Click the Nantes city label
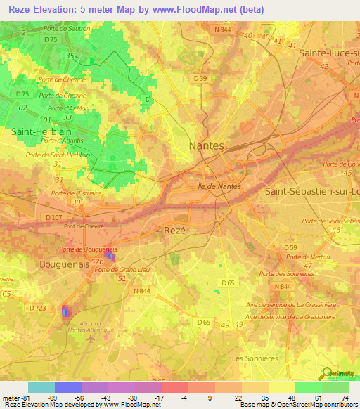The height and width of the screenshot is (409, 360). click(207, 145)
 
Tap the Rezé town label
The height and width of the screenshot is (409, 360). click(175, 231)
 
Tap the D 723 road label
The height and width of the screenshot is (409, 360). click(38, 309)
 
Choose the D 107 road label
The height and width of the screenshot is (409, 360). click(53, 217)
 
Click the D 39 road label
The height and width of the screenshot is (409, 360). click(200, 78)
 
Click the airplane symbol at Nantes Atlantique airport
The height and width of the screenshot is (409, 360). click(91, 339)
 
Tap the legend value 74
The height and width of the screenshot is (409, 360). click(345, 397)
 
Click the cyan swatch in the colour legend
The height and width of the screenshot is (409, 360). click(41, 387)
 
